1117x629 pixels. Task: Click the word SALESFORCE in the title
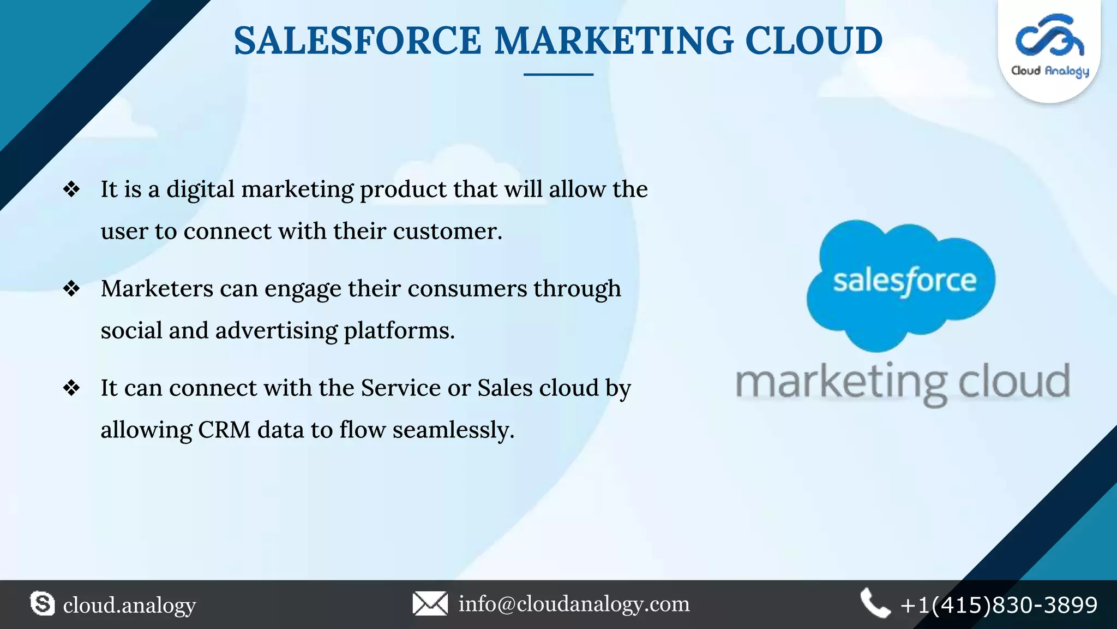tap(357, 41)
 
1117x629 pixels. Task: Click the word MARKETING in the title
tap(614, 41)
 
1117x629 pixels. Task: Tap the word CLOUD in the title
tap(814, 41)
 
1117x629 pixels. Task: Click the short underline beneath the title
tap(558, 74)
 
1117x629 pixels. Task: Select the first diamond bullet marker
tap(71, 189)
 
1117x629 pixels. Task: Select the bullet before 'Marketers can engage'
tap(71, 288)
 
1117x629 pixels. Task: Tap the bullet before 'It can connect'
tap(71, 388)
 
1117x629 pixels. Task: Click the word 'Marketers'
tap(157, 289)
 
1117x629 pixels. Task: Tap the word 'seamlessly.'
tap(453, 430)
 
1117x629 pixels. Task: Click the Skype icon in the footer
tap(43, 604)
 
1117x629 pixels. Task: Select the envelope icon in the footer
tap(430, 604)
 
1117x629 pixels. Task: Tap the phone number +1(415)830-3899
tap(999, 605)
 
